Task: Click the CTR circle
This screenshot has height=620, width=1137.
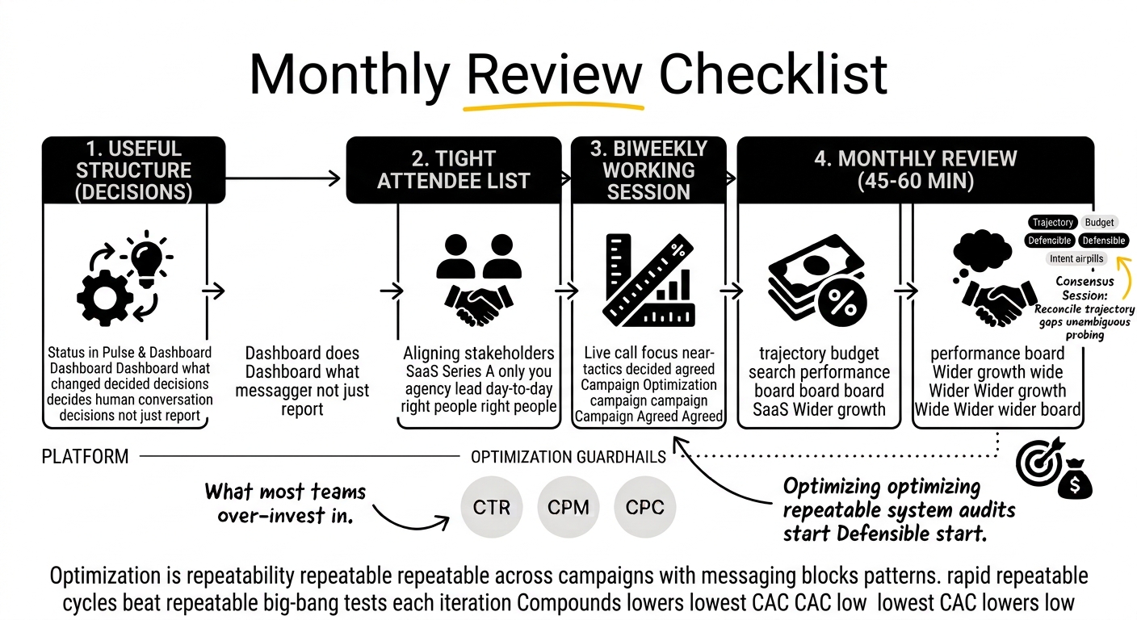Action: point(491,507)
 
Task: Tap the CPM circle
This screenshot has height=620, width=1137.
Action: point(568,507)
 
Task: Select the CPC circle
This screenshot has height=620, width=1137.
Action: point(644,507)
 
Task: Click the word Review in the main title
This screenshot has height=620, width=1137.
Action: point(554,74)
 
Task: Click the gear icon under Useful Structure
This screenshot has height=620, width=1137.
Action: point(105,298)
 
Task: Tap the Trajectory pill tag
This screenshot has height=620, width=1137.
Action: point(1052,222)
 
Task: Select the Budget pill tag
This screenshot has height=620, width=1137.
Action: point(1099,222)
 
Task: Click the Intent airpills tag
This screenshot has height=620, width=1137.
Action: point(1076,259)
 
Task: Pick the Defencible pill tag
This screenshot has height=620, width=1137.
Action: point(1049,241)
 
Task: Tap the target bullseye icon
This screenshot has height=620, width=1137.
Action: point(1039,461)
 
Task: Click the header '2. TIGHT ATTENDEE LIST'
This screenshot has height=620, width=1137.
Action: point(454,170)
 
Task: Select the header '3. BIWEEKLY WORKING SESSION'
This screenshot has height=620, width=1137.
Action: point(648,170)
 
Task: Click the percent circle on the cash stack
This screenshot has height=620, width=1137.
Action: point(842,303)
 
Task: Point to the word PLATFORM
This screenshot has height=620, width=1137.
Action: point(85,457)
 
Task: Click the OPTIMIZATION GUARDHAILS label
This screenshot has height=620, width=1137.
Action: point(568,457)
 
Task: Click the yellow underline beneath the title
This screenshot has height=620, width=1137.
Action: point(554,107)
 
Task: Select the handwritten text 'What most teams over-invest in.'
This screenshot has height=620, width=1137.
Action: point(285,503)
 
